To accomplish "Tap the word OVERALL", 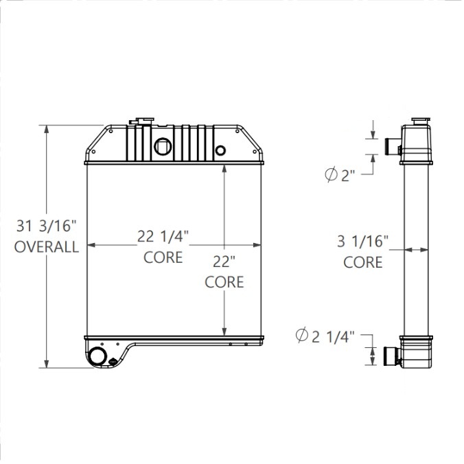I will point(47,248).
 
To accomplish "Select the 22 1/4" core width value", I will point(163,237).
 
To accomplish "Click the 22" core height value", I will point(224,262).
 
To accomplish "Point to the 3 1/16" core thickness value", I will point(362,241).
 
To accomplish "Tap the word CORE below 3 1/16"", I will point(362,262).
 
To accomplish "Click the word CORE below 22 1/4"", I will point(163,257).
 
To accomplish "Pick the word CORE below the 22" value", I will point(224,281).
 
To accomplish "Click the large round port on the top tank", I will point(163,146).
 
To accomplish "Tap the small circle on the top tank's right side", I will point(220,150).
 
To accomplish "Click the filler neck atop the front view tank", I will point(146,122).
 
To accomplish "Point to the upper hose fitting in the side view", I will point(391,146).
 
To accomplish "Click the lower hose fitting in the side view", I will point(391,356).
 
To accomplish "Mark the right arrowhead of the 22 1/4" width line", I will point(257,245).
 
